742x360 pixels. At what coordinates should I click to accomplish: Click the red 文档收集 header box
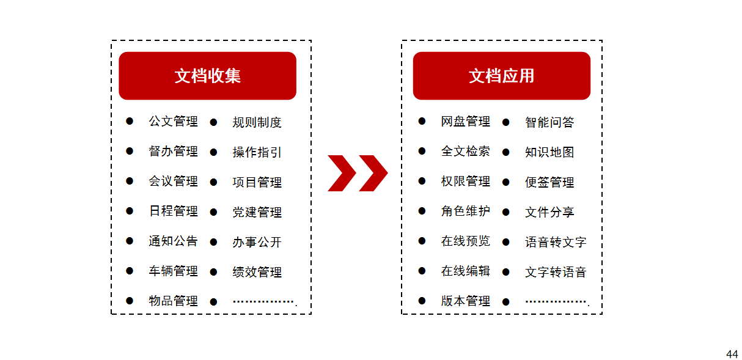[207, 76]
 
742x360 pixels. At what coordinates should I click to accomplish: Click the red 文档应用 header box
[501, 76]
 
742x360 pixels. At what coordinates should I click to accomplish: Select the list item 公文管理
[173, 122]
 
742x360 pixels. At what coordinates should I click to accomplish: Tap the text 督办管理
[173, 151]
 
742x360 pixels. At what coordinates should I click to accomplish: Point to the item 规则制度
[257, 122]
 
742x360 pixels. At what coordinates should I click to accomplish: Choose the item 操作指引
[257, 152]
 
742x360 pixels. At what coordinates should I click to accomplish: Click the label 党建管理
[257, 212]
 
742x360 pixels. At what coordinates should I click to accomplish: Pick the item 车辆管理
[173, 271]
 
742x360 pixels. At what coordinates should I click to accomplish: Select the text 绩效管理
[257, 272]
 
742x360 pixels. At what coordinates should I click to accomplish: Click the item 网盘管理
[465, 122]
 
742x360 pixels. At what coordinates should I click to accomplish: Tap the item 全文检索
[465, 151]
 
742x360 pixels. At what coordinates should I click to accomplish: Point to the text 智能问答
[549, 122]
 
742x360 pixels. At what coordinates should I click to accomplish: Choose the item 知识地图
[549, 152]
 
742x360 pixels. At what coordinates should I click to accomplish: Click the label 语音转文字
[555, 242]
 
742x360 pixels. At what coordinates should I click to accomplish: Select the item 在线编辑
[465, 271]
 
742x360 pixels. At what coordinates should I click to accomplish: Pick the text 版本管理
[465, 301]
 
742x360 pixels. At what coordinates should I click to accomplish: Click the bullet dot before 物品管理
[130, 300]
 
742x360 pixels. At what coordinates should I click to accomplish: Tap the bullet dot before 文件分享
[506, 212]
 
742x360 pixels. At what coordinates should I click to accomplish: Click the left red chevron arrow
[342, 173]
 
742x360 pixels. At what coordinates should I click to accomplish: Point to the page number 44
[732, 354]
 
